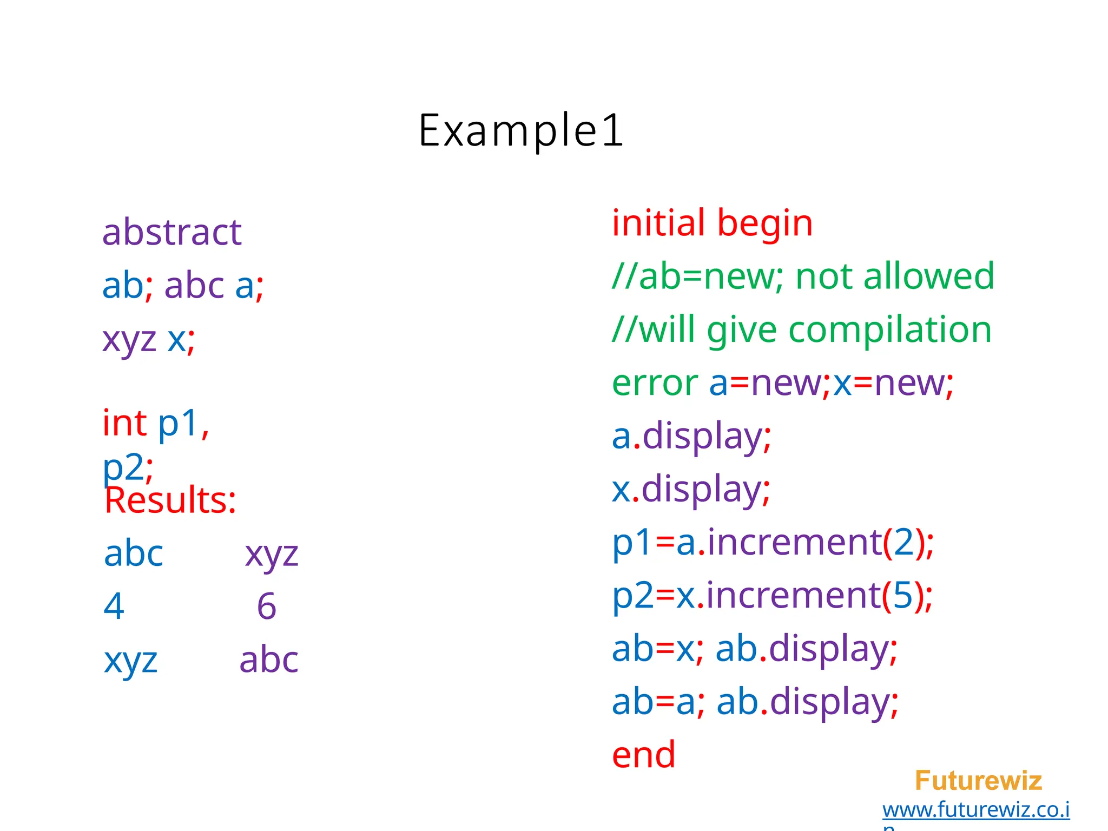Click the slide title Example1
tap(521, 130)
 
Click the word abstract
tap(172, 233)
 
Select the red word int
tap(124, 423)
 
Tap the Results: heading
tap(170, 500)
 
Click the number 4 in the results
tap(114, 606)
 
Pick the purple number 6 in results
tap(266, 606)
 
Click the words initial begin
tap(712, 223)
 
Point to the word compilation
tap(889, 330)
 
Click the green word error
tap(655, 383)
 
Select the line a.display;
tap(691, 437)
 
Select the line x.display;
tap(690, 490)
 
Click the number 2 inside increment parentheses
tap(903, 543)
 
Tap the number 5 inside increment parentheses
tap(902, 596)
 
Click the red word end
tap(643, 755)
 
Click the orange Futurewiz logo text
tap(978, 781)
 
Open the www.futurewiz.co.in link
tap(975, 810)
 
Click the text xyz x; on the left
tap(148, 340)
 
